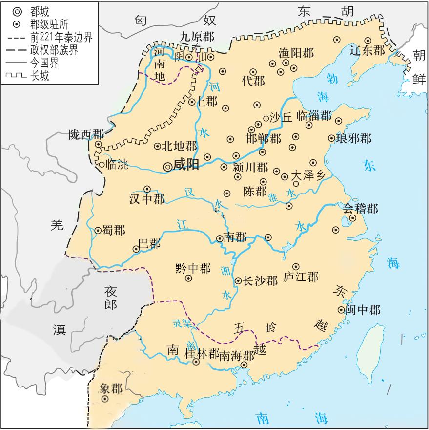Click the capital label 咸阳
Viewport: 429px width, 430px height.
tap(186, 164)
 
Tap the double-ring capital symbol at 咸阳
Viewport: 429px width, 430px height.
tap(167, 167)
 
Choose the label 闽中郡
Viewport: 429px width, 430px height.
tap(363, 310)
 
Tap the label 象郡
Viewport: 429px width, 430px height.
tap(111, 389)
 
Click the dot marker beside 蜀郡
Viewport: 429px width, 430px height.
tap(98, 230)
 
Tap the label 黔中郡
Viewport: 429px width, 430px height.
tap(193, 269)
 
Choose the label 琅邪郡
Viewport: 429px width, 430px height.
tap(353, 138)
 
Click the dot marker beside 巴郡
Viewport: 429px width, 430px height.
tap(136, 249)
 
